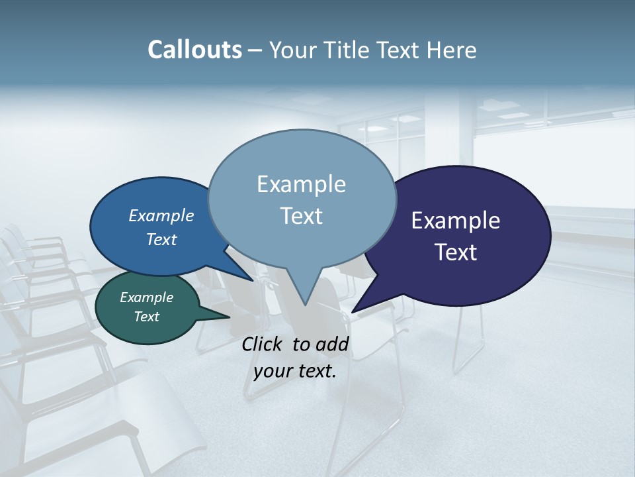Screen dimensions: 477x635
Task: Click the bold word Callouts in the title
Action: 194,50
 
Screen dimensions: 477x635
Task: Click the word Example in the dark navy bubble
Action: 455,221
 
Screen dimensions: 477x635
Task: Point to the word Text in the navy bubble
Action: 455,252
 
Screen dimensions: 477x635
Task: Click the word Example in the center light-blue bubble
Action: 301,184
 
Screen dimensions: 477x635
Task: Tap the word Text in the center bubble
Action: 301,216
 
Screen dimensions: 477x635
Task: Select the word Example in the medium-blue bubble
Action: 161,216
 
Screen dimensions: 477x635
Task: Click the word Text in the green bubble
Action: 146,317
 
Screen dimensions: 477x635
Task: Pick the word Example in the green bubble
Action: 146,297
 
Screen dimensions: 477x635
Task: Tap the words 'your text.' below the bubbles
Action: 295,372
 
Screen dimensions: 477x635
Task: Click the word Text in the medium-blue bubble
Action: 161,239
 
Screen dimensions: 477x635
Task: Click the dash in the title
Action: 255,50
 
